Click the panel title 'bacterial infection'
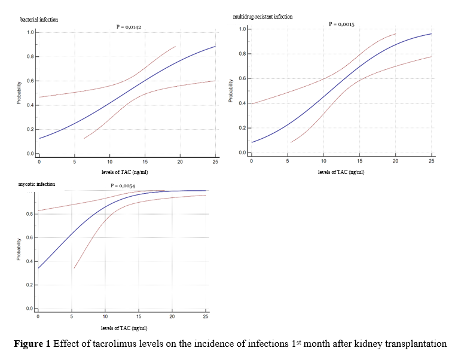click(39, 20)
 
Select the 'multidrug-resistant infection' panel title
click(262, 17)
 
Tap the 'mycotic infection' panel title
click(37, 184)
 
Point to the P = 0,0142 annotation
click(129, 27)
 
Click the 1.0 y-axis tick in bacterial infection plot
click(30, 32)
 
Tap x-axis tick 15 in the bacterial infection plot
click(145, 162)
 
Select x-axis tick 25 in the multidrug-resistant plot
click(432, 161)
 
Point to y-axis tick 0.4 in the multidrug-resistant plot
click(242, 103)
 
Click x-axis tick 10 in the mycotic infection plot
click(105, 316)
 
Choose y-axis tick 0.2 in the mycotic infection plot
click(29, 285)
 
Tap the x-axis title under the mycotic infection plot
click(124, 328)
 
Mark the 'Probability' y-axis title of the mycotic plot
click(19, 249)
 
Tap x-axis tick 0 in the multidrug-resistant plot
click(252, 161)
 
